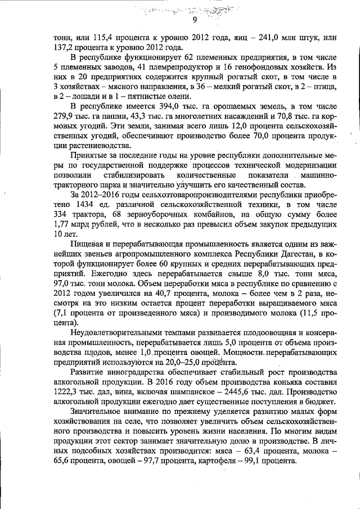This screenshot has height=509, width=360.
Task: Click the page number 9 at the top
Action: tap(194, 20)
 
